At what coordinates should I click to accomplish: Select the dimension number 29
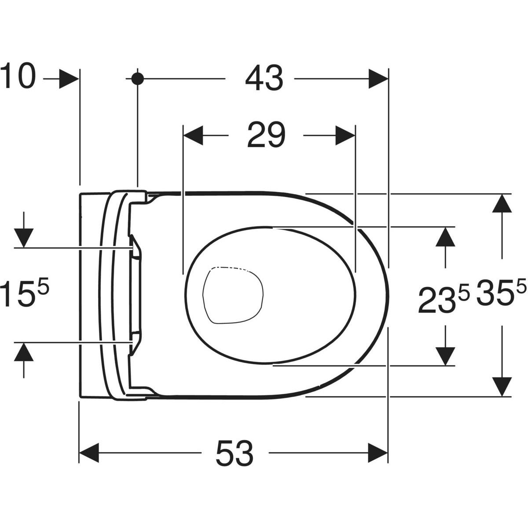266,135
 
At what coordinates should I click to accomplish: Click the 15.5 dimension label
24,292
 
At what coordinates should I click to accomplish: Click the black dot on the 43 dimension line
137,79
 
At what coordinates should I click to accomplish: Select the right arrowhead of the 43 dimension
378,79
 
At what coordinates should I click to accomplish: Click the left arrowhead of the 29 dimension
193,136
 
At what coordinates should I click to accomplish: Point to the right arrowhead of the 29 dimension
345,136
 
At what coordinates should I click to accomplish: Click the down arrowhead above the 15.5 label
24,238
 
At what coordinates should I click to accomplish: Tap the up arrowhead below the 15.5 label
24,352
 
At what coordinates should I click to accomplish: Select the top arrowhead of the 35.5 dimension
502,203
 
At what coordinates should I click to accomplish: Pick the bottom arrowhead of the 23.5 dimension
445,356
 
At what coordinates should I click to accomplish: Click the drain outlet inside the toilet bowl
233,295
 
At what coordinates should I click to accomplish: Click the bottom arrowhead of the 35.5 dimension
502,387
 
